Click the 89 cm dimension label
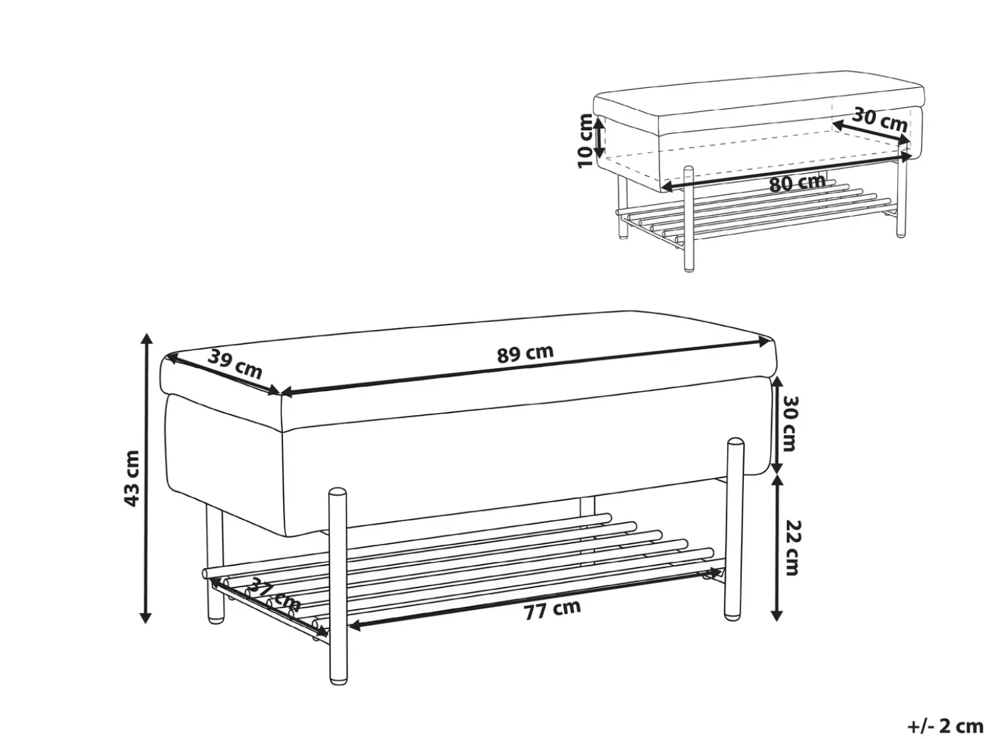pos(525,353)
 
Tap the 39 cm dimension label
pos(235,363)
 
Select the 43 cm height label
pos(132,479)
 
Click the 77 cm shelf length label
pos(552,610)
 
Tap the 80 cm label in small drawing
pos(798,182)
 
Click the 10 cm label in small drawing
pos(585,141)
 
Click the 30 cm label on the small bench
pos(879,119)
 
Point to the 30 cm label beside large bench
pos(789,423)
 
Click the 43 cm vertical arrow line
pos(145,477)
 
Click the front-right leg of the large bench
pos(734,530)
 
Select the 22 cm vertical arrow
pos(777,547)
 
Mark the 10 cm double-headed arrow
pos(599,136)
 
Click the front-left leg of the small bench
pos(688,219)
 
